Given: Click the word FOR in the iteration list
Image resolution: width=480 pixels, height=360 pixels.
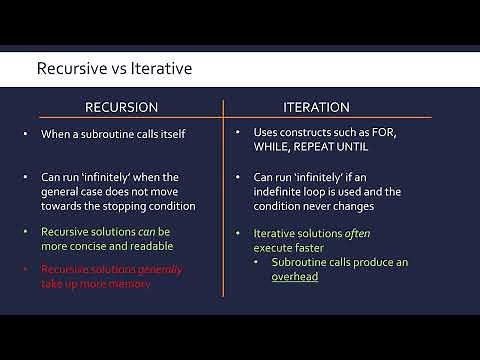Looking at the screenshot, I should coord(406,132).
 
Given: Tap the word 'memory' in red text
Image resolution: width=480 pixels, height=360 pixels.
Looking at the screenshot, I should coord(160,284).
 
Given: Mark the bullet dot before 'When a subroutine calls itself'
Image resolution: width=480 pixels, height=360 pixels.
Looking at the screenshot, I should coord(26,133).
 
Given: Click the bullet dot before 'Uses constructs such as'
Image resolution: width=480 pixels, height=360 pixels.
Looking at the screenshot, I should coord(240,132).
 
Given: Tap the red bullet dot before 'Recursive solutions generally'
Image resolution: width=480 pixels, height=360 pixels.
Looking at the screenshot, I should coord(26,269).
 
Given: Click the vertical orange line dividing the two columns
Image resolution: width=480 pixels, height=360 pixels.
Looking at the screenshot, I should coord(224,200).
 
